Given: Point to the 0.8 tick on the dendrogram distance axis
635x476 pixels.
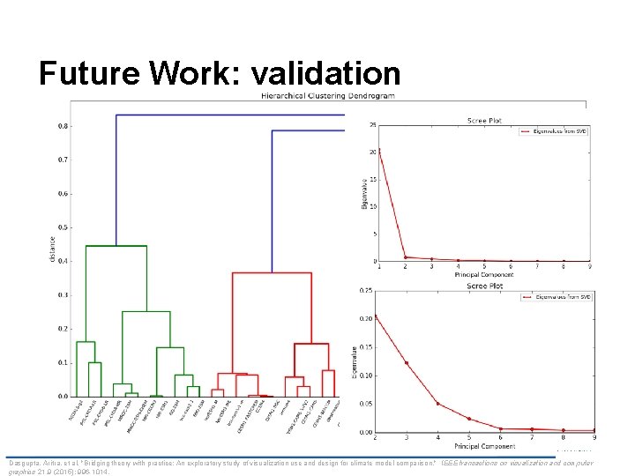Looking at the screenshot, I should [x=63, y=126].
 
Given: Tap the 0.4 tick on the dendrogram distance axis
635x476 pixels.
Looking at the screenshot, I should [x=63, y=262].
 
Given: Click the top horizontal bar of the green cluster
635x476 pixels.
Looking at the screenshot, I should [x=116, y=246].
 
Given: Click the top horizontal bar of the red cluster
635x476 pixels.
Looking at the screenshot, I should [x=271, y=272].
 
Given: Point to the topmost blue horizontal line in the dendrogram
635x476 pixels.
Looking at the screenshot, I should [x=238, y=115].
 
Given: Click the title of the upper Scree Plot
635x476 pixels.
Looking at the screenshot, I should [x=484, y=120].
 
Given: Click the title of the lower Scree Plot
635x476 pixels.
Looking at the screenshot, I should [x=484, y=285].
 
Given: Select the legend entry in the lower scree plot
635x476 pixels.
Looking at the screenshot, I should [x=556, y=296].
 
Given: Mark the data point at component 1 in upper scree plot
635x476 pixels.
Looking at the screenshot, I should [x=379, y=151].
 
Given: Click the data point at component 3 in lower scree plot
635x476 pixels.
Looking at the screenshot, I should [x=407, y=362].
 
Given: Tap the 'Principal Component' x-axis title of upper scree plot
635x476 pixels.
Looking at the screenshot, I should [x=484, y=274].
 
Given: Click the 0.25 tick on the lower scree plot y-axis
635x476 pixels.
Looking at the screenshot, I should [x=368, y=290].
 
